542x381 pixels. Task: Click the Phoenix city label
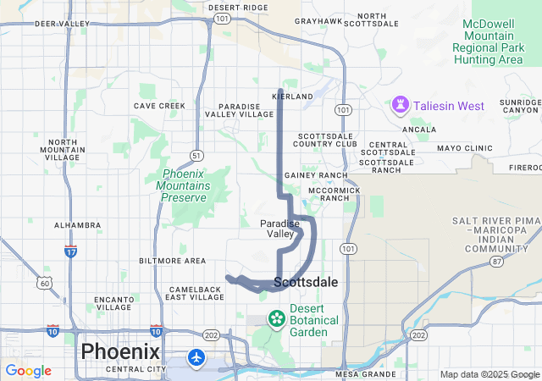tap(119, 351)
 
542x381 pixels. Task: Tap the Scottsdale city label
tap(306, 282)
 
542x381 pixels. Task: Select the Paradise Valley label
tap(279, 228)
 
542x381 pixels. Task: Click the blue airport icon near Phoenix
tap(197, 356)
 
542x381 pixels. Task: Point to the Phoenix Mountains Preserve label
tap(182, 186)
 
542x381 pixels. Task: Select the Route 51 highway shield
tap(196, 155)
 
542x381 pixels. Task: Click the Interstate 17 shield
tap(71, 251)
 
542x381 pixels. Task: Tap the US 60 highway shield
tap(44, 282)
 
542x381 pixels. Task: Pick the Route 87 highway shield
tap(497, 262)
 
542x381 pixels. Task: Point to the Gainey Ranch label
tap(316, 175)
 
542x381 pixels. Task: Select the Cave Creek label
tap(159, 106)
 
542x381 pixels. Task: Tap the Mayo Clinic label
tap(464, 148)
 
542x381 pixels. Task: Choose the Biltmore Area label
tap(173, 260)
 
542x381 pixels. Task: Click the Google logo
tap(28, 371)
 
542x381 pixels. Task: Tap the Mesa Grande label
tap(366, 373)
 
